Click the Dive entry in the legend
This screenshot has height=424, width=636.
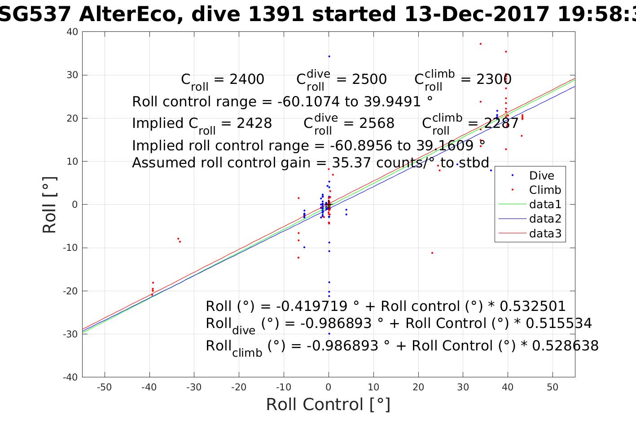tap(541, 176)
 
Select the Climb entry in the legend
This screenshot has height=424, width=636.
tap(545, 190)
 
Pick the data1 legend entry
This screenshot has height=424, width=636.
tap(545, 205)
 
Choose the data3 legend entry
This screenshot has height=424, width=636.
tap(545, 233)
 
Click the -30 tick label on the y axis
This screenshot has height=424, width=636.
tap(71, 334)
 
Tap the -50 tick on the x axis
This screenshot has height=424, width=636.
tap(104, 387)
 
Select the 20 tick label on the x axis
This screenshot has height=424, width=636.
tap(418, 387)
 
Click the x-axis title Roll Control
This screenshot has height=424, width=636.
tap(328, 405)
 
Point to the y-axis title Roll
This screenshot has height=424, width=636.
tap(49, 205)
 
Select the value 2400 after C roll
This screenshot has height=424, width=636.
tap(247, 79)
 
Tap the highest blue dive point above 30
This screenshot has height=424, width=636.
tap(329, 57)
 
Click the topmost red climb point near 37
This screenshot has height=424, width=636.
tap(480, 44)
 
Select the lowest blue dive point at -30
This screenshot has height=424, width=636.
tap(329, 334)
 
